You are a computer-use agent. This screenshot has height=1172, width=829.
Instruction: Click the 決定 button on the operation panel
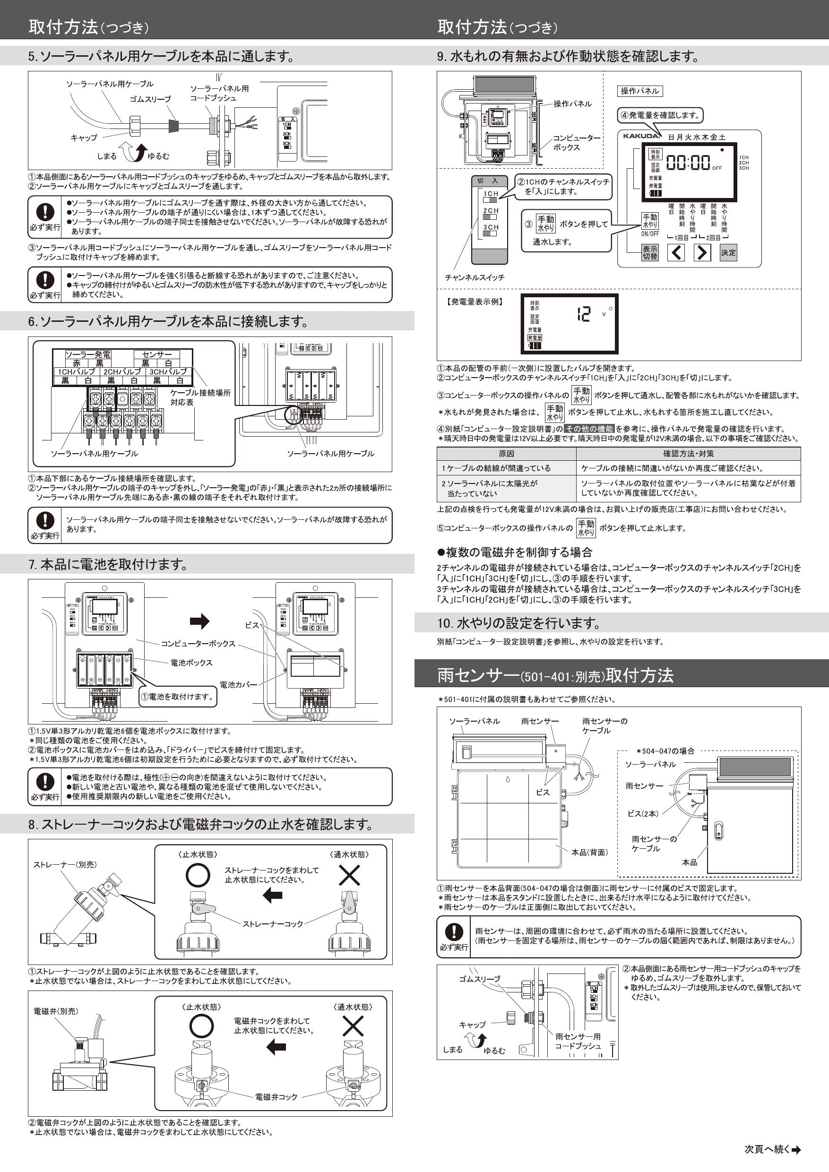pyautogui.click(x=728, y=252)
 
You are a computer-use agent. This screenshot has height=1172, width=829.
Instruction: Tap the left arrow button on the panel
pyautogui.click(x=676, y=252)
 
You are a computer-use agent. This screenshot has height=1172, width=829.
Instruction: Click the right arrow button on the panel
pyautogui.click(x=702, y=252)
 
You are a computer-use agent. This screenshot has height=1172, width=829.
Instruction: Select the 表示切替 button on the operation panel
pyautogui.click(x=650, y=252)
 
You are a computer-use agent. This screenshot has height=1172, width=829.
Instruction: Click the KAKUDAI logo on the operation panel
pyautogui.click(x=642, y=136)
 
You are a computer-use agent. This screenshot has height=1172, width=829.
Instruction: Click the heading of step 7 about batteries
pyautogui.click(x=109, y=564)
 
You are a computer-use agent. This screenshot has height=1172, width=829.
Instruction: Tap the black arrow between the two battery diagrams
pyautogui.click(x=199, y=621)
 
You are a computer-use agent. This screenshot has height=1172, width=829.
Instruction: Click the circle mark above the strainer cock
pyautogui.click(x=198, y=875)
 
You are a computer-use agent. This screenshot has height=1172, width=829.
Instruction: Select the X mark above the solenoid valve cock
pyautogui.click(x=352, y=1026)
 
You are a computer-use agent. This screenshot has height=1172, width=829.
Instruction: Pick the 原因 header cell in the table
pyautogui.click(x=506, y=453)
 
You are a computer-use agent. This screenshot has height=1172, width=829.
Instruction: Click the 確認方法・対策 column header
pyautogui.click(x=688, y=453)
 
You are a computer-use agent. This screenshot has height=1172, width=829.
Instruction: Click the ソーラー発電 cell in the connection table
pyautogui.click(x=88, y=354)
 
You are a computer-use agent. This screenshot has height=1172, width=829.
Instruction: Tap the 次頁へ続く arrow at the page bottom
pyautogui.click(x=795, y=1149)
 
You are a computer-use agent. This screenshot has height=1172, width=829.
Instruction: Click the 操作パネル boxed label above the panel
pyautogui.click(x=639, y=91)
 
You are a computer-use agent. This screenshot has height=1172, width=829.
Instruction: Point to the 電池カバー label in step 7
pyautogui.click(x=238, y=684)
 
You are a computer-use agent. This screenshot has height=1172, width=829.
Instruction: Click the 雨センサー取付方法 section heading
pyautogui.click(x=555, y=675)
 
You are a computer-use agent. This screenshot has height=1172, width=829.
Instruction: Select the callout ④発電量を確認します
pyautogui.click(x=659, y=115)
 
